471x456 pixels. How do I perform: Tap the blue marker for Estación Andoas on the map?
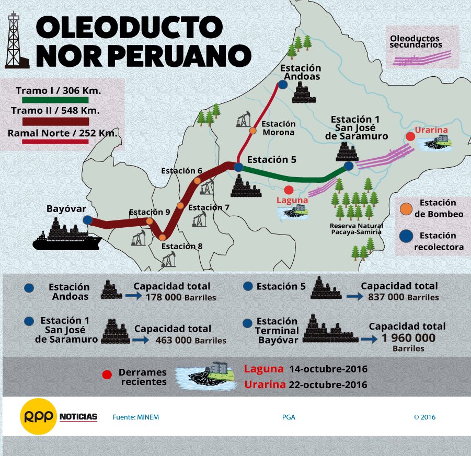[x=283, y=84]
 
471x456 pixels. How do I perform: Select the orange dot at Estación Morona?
[x=252, y=131]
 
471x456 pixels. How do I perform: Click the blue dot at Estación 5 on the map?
[x=238, y=167]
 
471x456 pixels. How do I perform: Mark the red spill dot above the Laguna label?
[x=289, y=190]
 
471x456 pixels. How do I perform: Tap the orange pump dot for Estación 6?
[x=197, y=181]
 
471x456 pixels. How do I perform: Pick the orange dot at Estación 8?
[x=163, y=238]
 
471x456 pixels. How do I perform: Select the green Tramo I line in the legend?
[x=51, y=100]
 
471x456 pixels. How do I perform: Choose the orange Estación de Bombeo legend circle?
[x=405, y=208]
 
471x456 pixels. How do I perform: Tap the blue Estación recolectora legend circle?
[x=405, y=236]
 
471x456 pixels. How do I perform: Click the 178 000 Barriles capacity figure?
[x=180, y=297]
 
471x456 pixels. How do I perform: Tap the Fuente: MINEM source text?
[x=136, y=417]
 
